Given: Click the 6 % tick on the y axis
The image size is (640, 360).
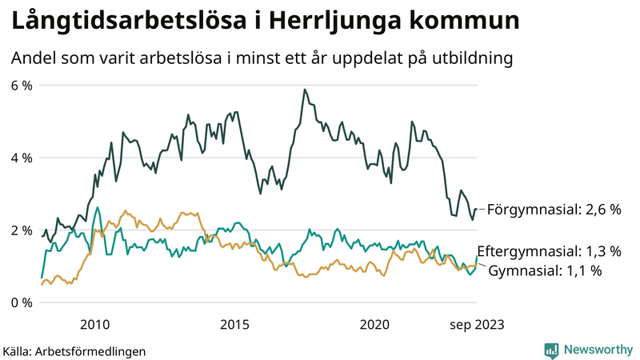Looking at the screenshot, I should point(21,85).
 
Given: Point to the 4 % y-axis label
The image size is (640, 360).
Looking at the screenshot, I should point(21,158).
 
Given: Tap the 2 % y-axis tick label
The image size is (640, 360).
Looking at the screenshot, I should point(21,230).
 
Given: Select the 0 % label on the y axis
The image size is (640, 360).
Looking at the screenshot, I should point(21,302).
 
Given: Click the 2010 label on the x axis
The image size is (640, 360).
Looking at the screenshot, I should point(94,324).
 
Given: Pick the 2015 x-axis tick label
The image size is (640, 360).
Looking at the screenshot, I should point(234,324).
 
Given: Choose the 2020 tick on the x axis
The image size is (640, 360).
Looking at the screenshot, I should point(374,324).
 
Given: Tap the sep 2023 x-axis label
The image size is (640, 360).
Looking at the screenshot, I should point(477,324).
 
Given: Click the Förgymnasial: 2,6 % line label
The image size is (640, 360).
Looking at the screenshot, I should point(554,210).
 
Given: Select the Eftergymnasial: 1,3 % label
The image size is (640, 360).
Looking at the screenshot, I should point(549,251).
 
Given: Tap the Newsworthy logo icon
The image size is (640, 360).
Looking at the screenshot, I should point(551,350).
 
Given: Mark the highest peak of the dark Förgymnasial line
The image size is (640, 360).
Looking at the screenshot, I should point(305,90).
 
